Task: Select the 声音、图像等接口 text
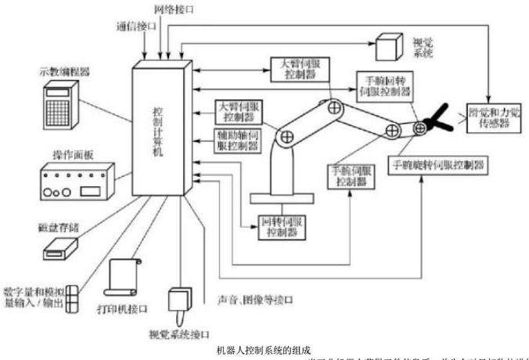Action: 250,301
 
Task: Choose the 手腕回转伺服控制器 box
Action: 383,86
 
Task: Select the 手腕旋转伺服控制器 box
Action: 438,165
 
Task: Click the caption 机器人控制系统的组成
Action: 264,349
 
